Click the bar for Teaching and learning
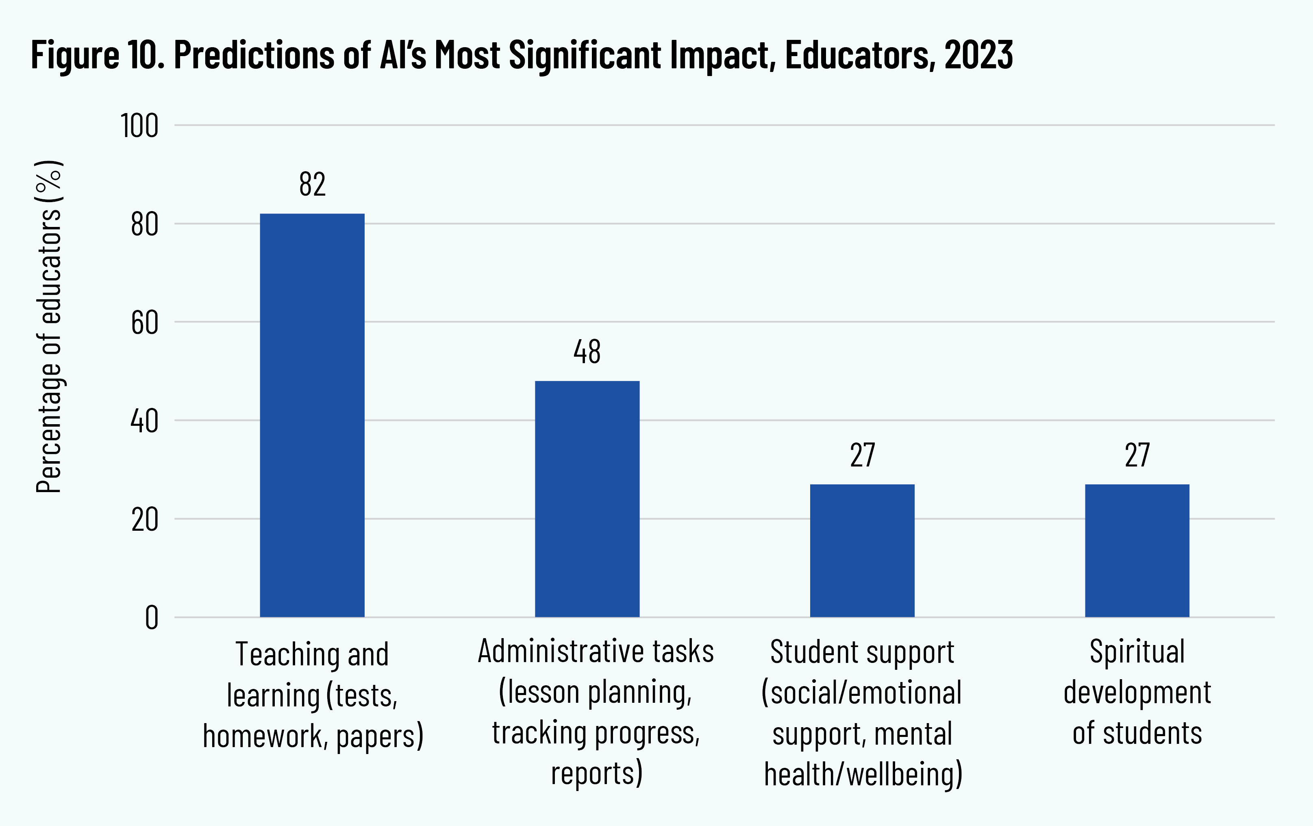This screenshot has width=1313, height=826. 312,415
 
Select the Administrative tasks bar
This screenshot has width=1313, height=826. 587,499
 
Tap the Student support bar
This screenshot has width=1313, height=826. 862,551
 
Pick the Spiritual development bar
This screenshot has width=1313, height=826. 1137,551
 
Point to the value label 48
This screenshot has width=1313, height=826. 587,352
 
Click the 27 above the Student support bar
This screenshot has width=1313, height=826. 862,455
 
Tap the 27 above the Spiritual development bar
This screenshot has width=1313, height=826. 1137,455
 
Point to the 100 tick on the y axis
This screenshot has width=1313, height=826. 139,126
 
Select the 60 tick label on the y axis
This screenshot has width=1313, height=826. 144,323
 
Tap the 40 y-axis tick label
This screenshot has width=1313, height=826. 144,421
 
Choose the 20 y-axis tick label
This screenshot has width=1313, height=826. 144,520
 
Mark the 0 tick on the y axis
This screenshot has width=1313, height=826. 152,618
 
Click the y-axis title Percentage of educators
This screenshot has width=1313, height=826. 49,327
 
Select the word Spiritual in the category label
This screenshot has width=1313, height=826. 1137,652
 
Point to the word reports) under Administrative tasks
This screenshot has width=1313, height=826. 596,773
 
